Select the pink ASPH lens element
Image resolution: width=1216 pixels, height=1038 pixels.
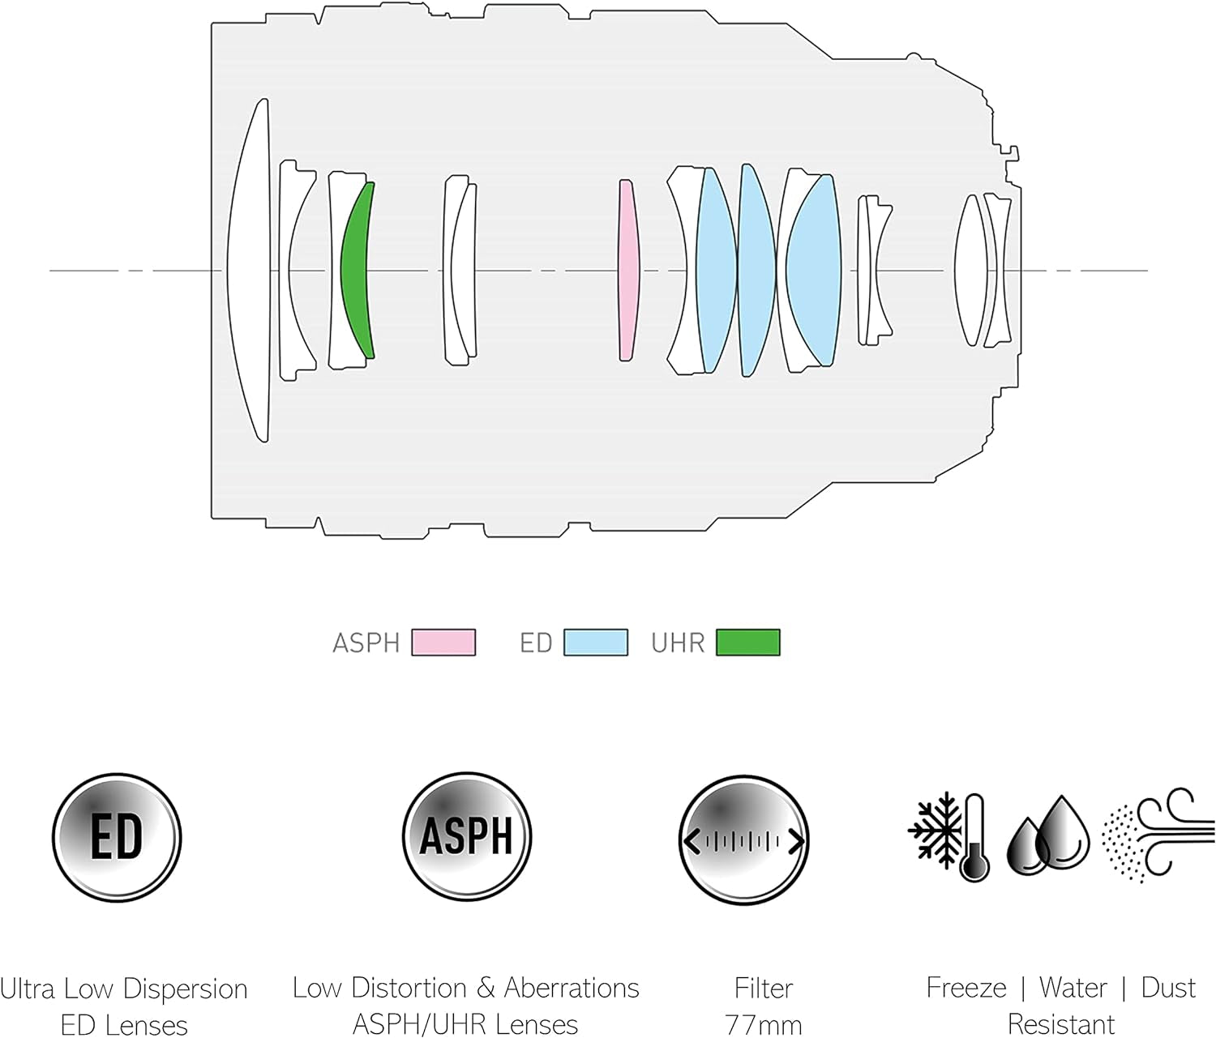pos(627,270)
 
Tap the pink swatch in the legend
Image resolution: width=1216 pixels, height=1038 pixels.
pos(443,643)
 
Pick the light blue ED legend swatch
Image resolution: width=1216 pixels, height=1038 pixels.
pos(595,643)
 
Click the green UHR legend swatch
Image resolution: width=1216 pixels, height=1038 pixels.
pos(747,643)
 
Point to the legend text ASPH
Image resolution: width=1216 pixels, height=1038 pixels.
pos(366,643)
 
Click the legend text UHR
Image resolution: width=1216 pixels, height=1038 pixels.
pos(678,643)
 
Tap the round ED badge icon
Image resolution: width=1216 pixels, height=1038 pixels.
pos(117,838)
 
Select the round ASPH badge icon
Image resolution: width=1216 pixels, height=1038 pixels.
pos(466,837)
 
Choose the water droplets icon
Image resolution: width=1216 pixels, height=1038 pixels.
pos(1048,835)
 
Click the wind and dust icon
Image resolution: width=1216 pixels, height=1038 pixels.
pos(1157,835)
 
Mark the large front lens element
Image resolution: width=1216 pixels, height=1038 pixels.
pos(248,270)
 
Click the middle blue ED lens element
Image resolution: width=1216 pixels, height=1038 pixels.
pos(756,270)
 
